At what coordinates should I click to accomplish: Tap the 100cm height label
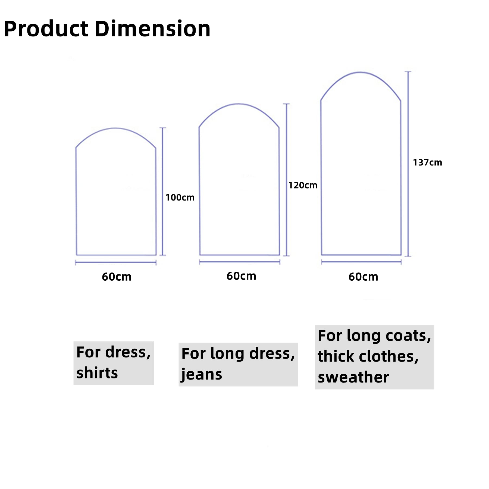tap(180, 198)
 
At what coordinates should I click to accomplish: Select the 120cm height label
tap(303, 185)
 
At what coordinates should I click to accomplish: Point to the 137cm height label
tap(427, 162)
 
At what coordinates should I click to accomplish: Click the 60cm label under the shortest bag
tap(117, 277)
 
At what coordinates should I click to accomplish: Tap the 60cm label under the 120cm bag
tap(241, 276)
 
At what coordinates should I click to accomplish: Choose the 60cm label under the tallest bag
tap(363, 277)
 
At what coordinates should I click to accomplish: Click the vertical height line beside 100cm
tap(162, 192)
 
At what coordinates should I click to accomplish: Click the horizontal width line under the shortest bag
tap(116, 262)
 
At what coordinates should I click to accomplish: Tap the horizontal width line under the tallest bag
tap(361, 262)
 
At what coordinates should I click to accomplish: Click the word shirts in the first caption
tap(97, 373)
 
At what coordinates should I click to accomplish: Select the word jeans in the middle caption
tap(202, 374)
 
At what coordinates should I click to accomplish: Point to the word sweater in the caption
tap(353, 377)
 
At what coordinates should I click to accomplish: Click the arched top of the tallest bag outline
tap(360, 72)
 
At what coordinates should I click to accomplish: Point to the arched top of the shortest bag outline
tap(115, 128)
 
